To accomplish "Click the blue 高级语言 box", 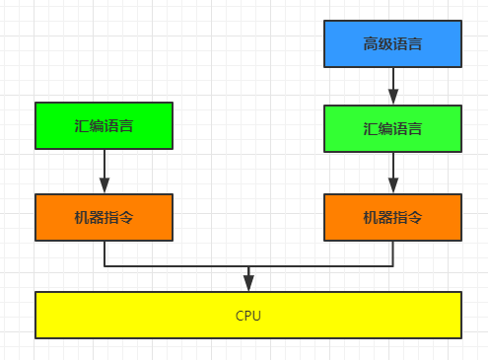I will [392, 44].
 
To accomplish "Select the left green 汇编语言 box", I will [104, 126].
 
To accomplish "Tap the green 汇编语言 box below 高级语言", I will [392, 128].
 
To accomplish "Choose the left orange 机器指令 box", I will [104, 217].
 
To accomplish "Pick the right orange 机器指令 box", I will [392, 217].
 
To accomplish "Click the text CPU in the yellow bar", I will [248, 316].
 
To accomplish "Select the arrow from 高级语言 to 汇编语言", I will [392, 85].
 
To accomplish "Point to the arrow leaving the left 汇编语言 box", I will [104, 170].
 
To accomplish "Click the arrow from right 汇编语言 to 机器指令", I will [392, 172].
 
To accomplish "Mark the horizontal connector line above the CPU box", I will [177, 266].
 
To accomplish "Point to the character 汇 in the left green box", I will [80, 127].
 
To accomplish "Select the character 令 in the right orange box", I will [416, 218].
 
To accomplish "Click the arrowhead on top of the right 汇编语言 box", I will [392, 98].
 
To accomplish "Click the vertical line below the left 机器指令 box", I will [104, 253].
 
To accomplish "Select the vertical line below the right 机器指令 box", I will [392, 253].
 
